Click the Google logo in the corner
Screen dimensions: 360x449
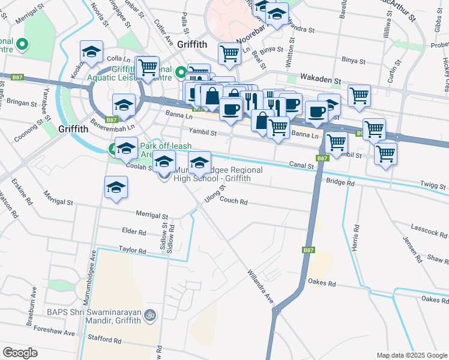click(x=20, y=353)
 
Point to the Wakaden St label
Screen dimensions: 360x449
click(x=321, y=79)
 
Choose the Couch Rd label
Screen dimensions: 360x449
click(x=235, y=202)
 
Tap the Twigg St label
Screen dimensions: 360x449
click(x=433, y=187)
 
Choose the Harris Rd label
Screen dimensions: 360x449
click(x=357, y=237)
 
